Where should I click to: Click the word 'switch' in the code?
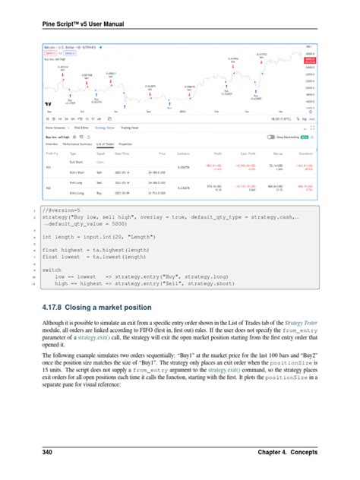[x=52, y=269]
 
